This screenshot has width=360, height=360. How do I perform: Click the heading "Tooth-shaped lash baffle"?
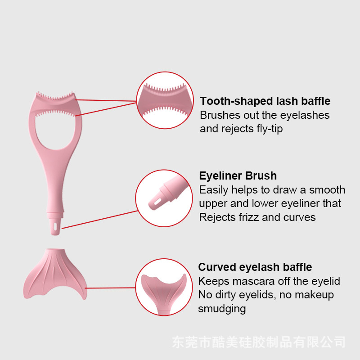265,101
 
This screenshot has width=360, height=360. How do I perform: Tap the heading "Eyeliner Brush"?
238,176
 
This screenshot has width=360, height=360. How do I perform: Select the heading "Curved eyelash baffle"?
255,267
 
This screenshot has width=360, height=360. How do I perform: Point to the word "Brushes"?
219,115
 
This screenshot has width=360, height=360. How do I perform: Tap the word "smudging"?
222,309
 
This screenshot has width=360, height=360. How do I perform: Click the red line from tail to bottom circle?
110,288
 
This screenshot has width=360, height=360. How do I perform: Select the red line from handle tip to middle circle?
99,220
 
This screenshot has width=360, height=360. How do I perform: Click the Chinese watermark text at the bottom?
259,342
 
